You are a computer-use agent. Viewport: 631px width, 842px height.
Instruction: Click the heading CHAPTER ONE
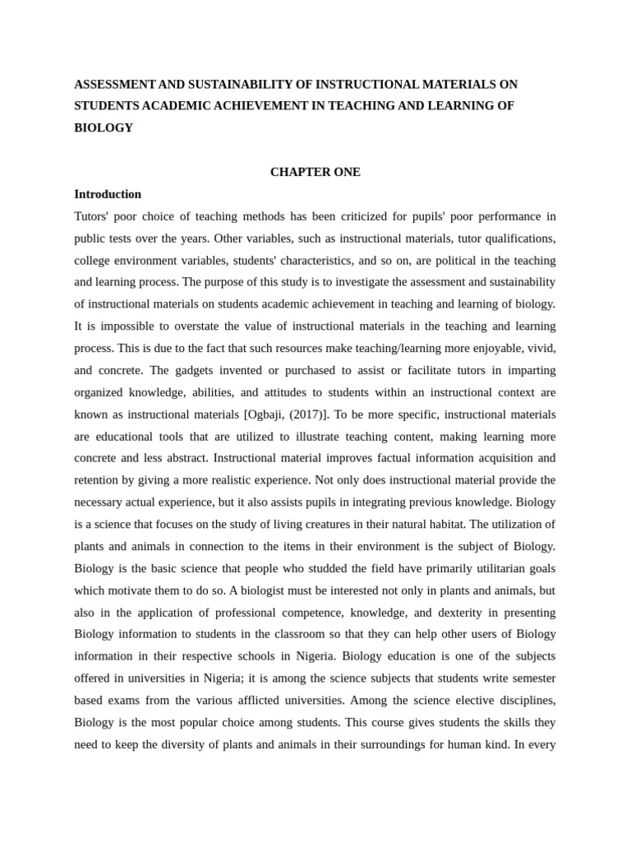tap(315, 173)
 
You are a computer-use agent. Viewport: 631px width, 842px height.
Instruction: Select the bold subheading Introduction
tap(108, 195)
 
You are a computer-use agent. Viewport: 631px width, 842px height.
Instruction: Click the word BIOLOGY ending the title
tap(104, 128)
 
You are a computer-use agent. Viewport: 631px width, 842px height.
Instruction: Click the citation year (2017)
tap(301, 414)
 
